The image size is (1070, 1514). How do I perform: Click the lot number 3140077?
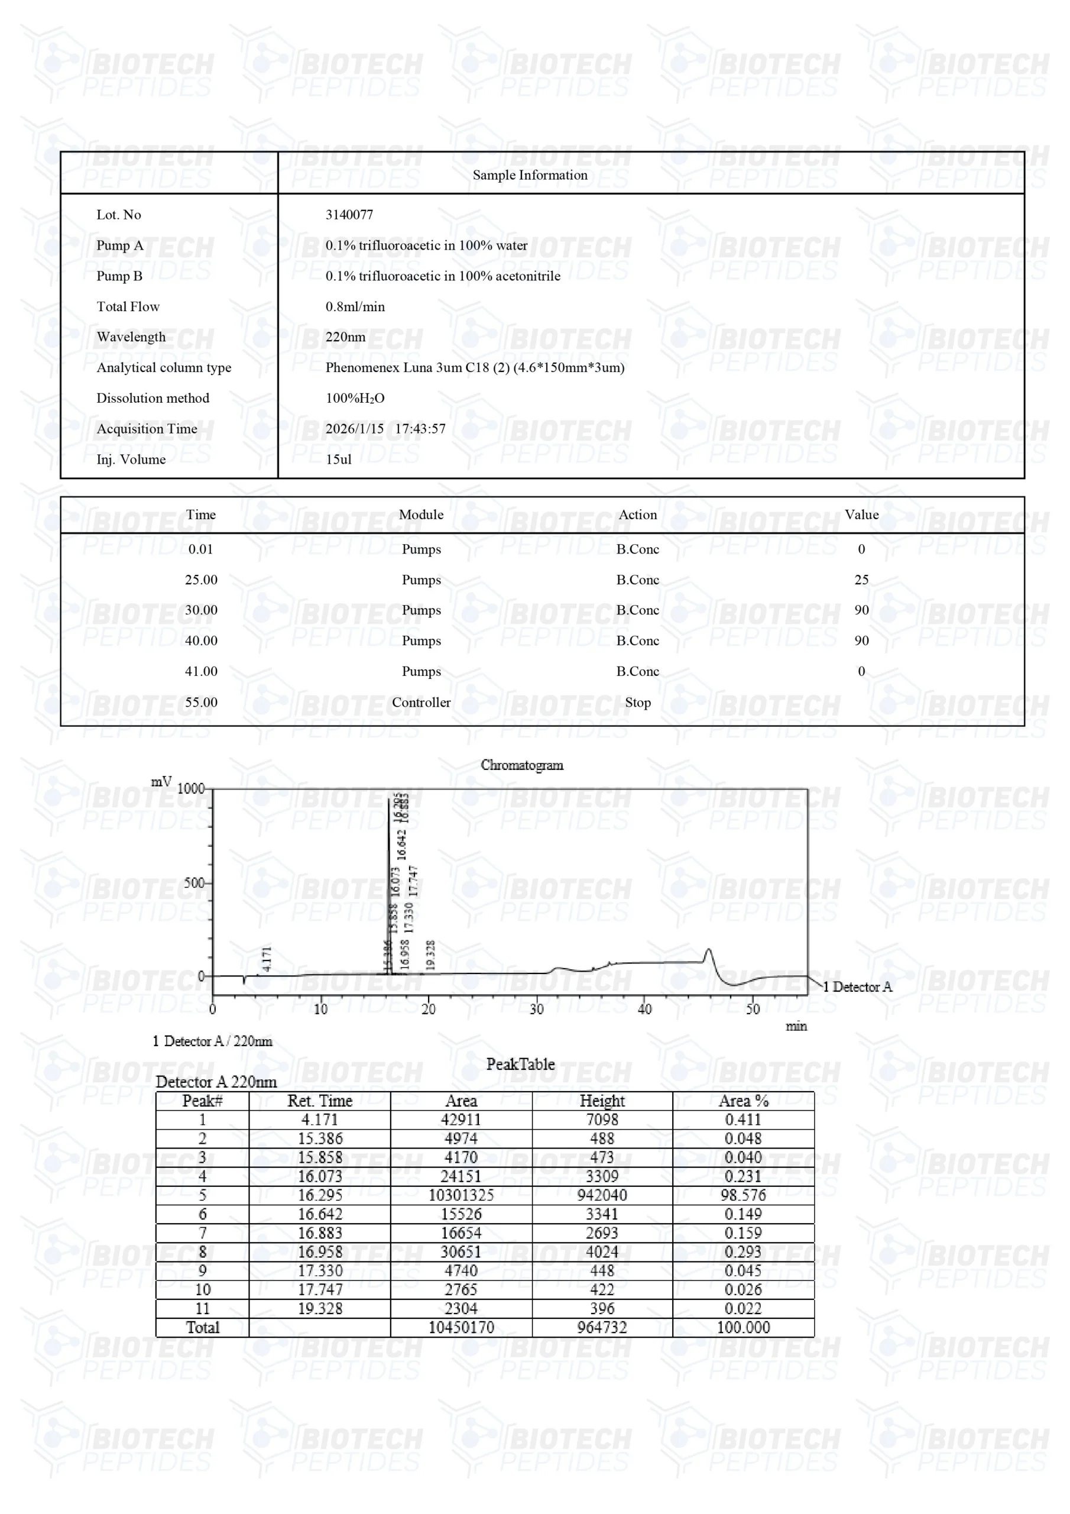click(x=349, y=215)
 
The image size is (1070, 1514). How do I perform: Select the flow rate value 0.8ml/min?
click(x=355, y=306)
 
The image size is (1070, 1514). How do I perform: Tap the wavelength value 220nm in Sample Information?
click(x=345, y=337)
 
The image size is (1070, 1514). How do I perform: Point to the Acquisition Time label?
click(x=147, y=429)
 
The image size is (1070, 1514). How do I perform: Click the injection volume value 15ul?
click(x=338, y=460)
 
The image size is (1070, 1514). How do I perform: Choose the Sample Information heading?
click(x=530, y=174)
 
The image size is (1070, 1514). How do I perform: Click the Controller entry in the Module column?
click(x=421, y=702)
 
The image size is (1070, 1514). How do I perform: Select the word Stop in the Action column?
click(x=637, y=702)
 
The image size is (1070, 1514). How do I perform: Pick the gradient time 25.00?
click(x=200, y=580)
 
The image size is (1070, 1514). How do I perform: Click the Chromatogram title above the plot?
click(x=521, y=765)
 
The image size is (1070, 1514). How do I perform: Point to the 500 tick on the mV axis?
click(x=194, y=883)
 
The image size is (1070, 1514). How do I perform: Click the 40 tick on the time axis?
click(x=644, y=1009)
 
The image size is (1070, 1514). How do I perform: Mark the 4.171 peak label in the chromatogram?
click(x=267, y=958)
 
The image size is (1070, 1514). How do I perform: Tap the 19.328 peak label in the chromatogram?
click(x=430, y=955)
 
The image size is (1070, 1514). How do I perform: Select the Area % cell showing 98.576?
click(x=743, y=1195)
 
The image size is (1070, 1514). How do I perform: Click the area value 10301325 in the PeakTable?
click(x=461, y=1195)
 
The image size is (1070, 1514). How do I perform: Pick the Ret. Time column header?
click(x=320, y=1101)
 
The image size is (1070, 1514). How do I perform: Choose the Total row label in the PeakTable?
click(x=202, y=1327)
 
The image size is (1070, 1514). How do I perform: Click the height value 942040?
click(x=602, y=1195)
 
